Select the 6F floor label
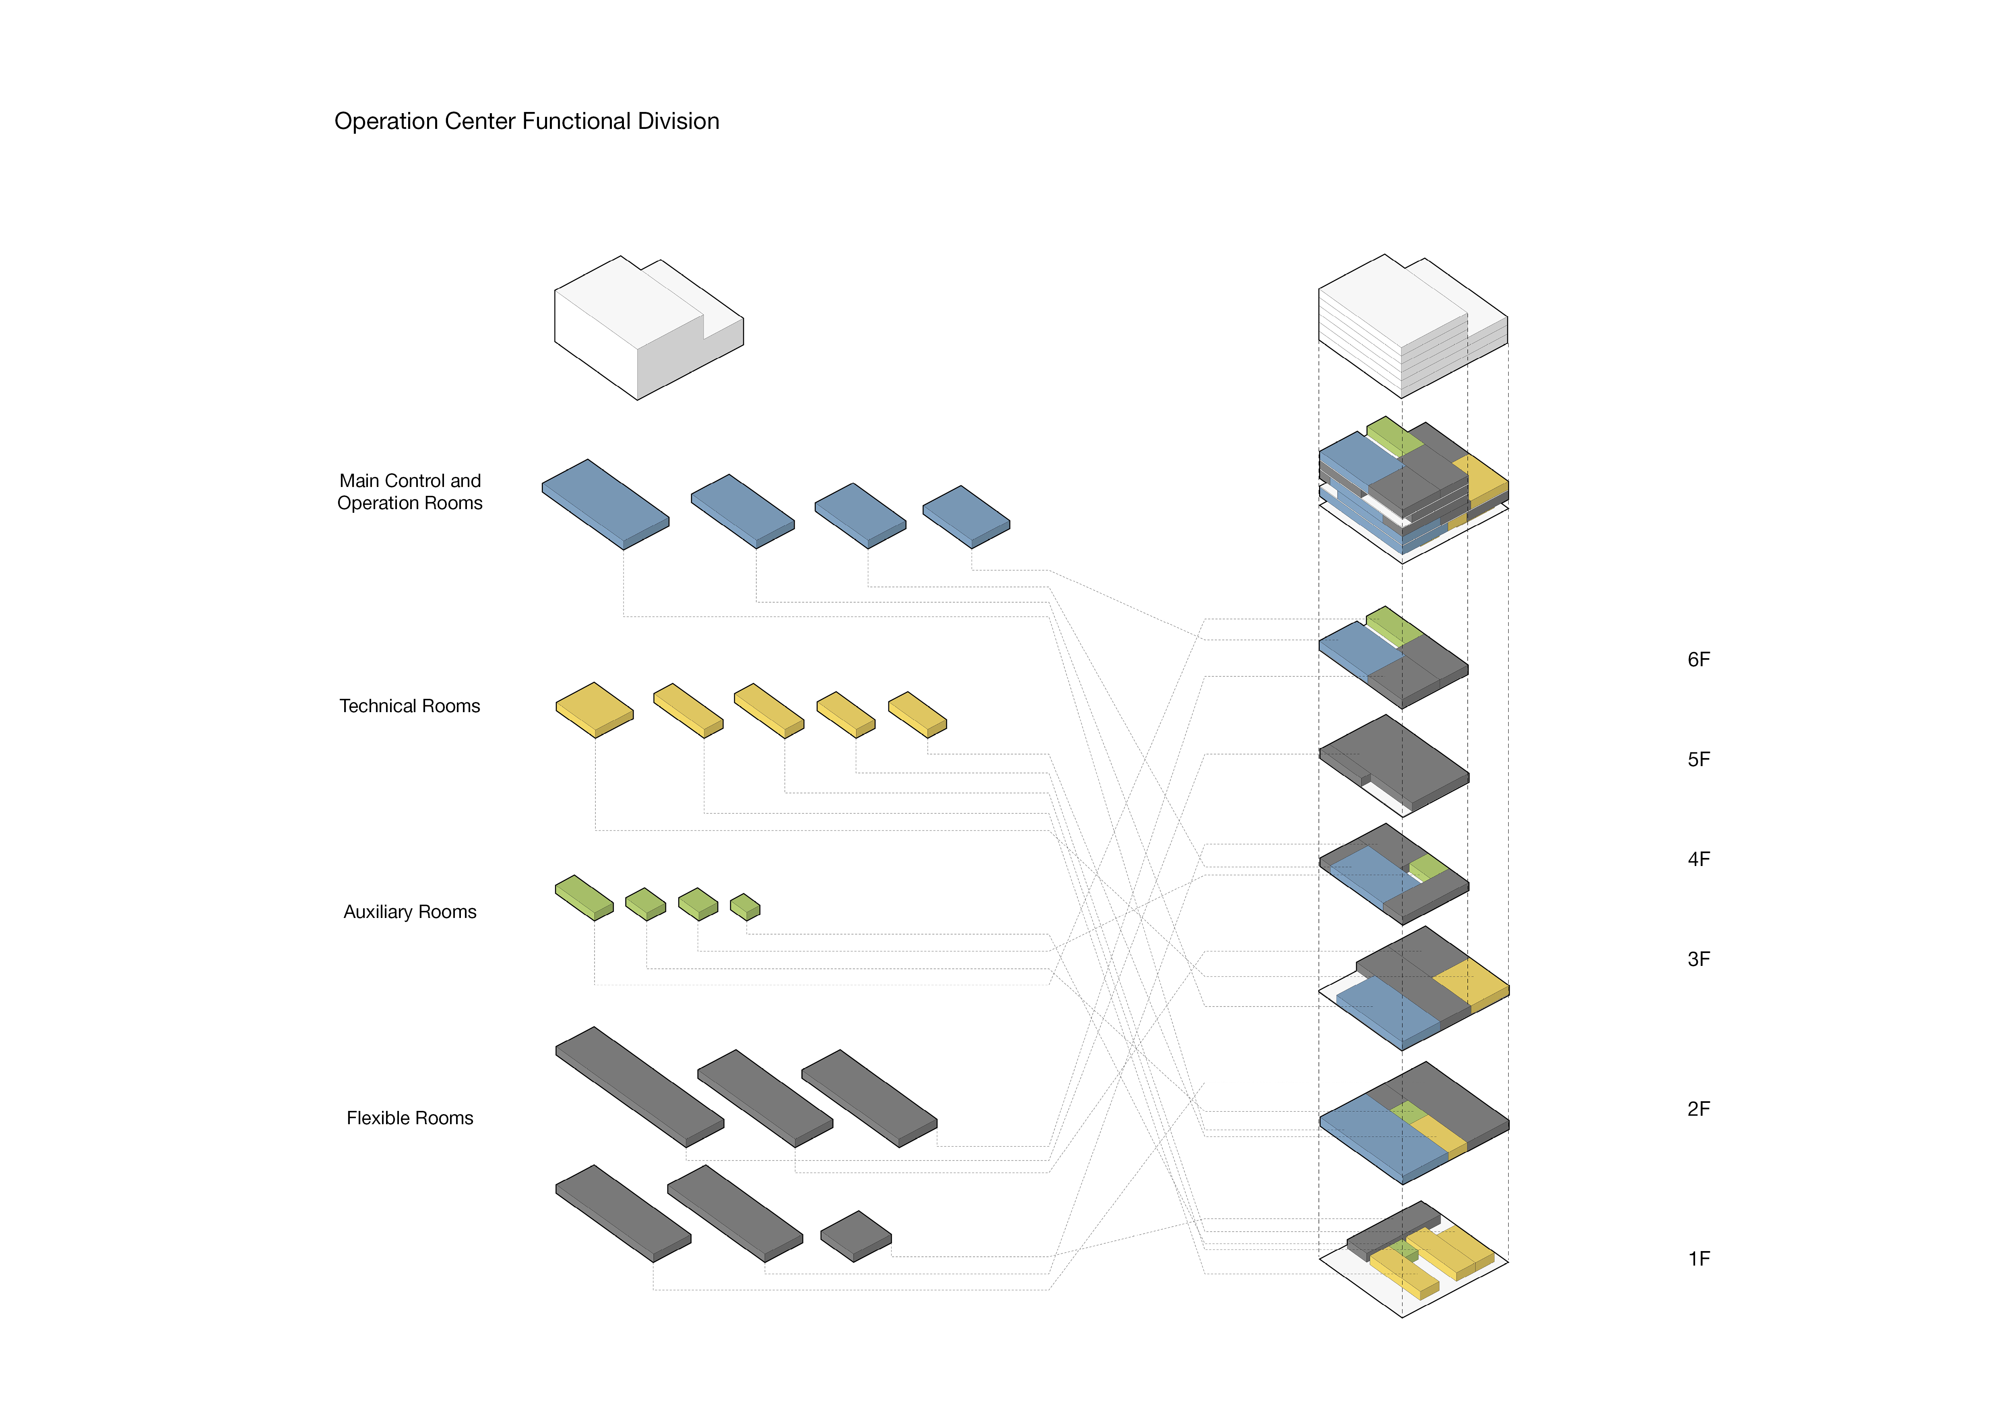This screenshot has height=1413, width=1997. point(1698,659)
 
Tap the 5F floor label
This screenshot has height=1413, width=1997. point(1698,760)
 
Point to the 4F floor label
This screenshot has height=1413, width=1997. point(1698,860)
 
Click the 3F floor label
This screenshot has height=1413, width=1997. point(1698,960)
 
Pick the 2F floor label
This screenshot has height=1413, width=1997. point(1698,1109)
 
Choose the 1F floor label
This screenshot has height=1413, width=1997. point(1698,1259)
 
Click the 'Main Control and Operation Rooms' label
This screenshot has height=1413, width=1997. point(410,491)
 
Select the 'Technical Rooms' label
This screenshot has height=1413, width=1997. point(410,706)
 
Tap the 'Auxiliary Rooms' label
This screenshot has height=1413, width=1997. point(410,912)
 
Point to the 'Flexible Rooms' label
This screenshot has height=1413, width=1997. point(410,1118)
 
